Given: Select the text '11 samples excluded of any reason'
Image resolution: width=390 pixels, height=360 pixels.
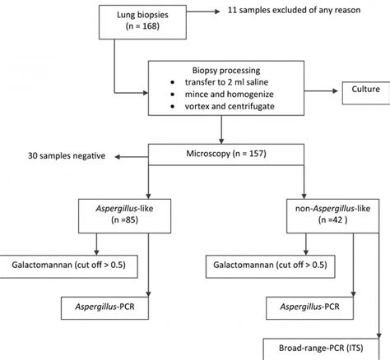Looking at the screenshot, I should (x=299, y=12).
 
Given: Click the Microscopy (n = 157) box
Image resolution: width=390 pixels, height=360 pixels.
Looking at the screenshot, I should (x=220, y=154).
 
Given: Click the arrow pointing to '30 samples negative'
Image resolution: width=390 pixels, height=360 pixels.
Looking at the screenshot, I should (x=131, y=155).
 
